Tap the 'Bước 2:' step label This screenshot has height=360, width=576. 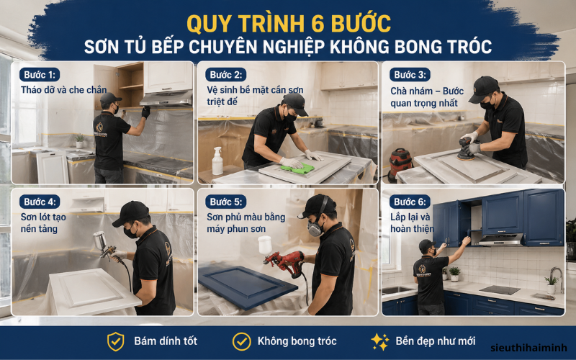pos(225,75)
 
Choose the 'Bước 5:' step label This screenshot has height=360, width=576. pos(225,202)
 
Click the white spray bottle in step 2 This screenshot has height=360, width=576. pos(217,162)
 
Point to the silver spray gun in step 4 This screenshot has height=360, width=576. pos(102,246)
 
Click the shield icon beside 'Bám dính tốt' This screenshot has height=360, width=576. pos(115,341)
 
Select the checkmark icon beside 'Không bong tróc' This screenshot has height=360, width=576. pos(241,341)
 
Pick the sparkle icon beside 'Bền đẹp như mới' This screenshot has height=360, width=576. pos(379,341)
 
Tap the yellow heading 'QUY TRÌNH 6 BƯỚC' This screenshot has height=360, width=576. pos(288,23)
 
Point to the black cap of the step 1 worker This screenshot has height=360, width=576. pos(109,98)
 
